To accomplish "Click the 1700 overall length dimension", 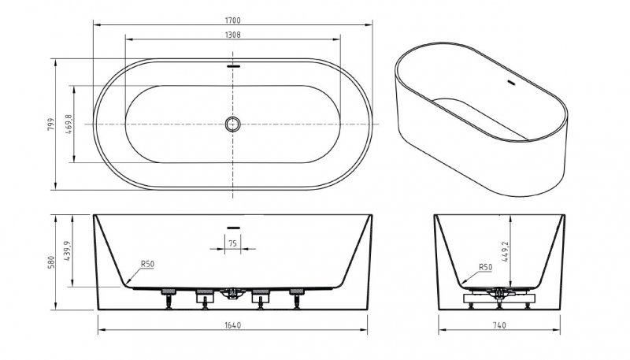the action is [232, 20].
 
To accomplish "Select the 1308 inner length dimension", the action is [232, 35].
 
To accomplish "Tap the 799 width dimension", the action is [50, 124].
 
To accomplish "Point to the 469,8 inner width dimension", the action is [69, 124].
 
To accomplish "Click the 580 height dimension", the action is [51, 262].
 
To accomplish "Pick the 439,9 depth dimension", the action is [67, 251].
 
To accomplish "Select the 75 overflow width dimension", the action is [232, 243].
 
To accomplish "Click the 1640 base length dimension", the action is [232, 325].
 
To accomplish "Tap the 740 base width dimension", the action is [499, 325].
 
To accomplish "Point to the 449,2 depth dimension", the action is [505, 251].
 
